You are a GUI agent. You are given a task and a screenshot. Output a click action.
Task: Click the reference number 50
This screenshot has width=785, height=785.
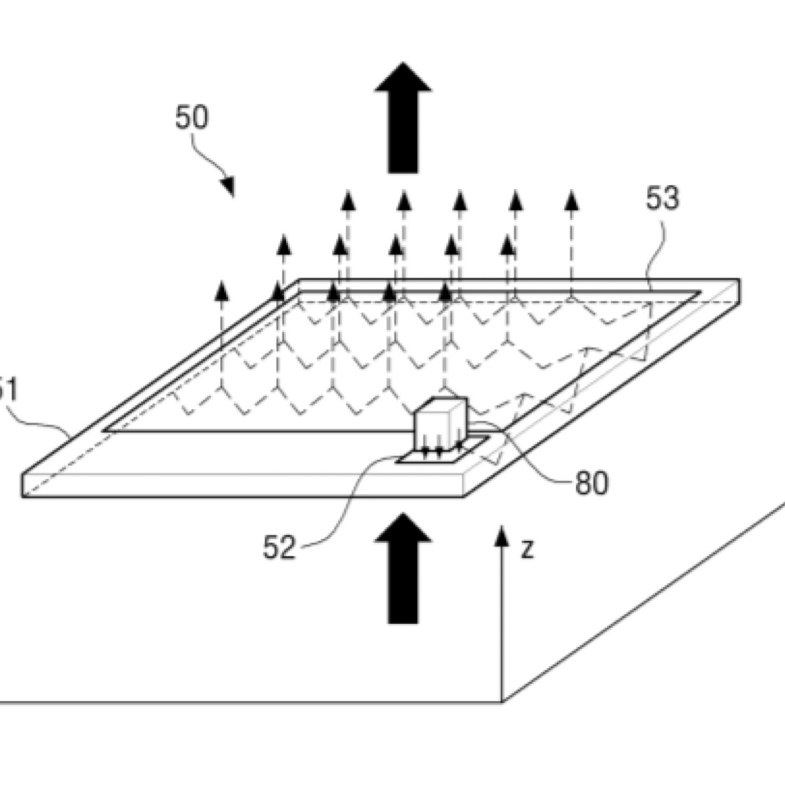(191, 117)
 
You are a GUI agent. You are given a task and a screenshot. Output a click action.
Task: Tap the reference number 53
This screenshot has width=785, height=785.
(662, 198)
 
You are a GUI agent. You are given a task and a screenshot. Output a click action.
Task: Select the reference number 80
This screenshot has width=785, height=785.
(591, 484)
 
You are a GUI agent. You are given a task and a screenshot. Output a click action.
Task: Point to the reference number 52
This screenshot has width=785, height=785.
(279, 547)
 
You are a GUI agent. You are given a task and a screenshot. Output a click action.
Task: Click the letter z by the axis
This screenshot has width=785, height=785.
(527, 549)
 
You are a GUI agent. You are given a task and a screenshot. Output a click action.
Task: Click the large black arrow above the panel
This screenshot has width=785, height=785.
(403, 117)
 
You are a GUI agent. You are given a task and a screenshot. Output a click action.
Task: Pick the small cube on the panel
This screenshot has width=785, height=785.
(440, 421)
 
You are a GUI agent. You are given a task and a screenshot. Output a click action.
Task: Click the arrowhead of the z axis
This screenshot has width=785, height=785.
(501, 535)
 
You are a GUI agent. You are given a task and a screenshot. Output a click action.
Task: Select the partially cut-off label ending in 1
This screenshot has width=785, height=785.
(7, 390)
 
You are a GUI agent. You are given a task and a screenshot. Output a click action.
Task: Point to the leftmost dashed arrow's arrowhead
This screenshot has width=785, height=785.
(221, 291)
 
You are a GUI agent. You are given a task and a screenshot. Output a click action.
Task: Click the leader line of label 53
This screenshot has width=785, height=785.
(657, 251)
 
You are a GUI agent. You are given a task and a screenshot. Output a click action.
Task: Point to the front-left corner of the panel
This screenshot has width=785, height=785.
(22, 496)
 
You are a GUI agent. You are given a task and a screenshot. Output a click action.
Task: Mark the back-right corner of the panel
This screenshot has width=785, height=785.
(739, 279)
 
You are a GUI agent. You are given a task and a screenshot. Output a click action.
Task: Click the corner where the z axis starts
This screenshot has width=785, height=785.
(502, 702)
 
